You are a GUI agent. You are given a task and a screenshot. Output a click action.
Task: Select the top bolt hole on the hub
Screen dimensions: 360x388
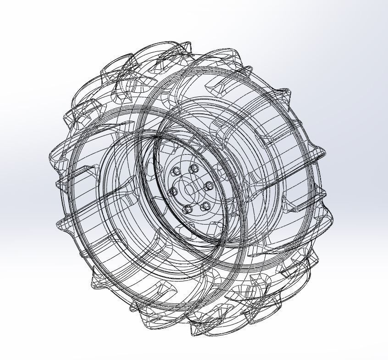(193, 169)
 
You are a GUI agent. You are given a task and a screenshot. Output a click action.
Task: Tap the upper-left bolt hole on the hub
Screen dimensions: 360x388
(176, 172)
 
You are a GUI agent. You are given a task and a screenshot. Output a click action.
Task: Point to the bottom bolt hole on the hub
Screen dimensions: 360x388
(187, 210)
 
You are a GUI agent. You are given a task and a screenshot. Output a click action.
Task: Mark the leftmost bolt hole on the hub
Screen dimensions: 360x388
(173, 192)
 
